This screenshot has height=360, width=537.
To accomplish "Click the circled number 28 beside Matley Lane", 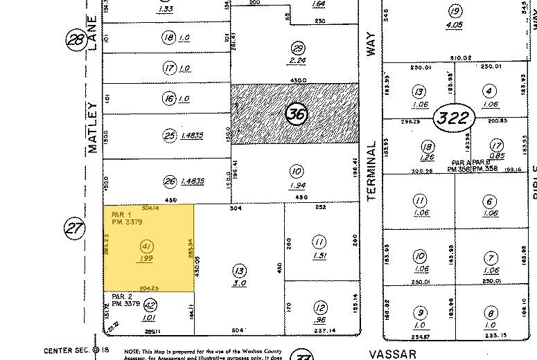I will tap(75, 41).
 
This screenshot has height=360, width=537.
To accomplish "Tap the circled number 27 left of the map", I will tap(74, 226).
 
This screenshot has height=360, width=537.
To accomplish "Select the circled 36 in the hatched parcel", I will tap(297, 114).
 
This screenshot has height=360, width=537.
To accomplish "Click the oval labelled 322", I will tap(455, 118).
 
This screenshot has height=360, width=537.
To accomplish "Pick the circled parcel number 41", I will tap(146, 245).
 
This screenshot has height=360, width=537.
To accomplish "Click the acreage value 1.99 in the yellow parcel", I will tap(146, 258).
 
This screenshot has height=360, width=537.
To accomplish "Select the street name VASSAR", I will tap(391, 354).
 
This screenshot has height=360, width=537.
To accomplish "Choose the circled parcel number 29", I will tap(298, 48).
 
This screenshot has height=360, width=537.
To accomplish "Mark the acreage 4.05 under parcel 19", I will tap(455, 25).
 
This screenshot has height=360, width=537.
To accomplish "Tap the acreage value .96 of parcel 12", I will tap(319, 321).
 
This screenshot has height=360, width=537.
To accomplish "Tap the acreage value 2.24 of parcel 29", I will tap(298, 60).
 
